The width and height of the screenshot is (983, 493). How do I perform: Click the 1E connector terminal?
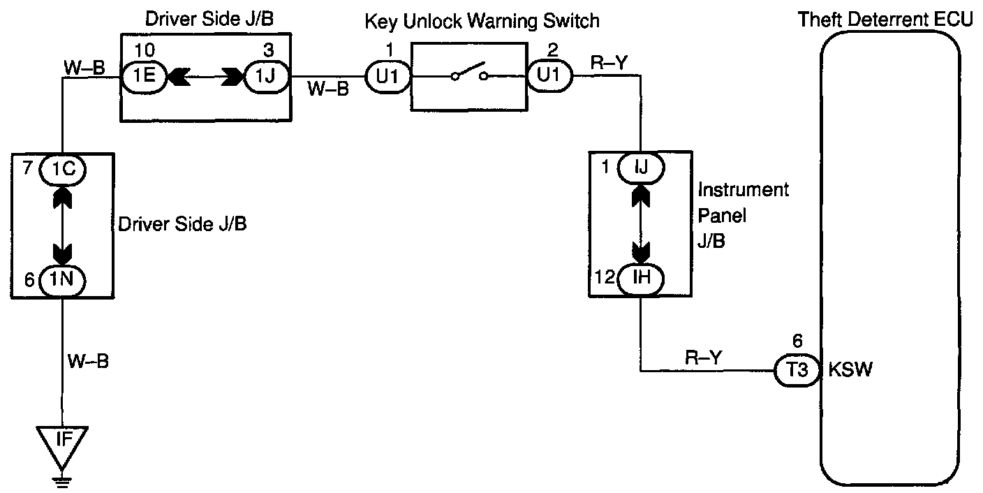[x=145, y=76]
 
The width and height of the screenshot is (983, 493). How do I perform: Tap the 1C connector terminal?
[x=64, y=170]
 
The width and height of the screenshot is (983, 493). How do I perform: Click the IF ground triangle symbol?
[x=63, y=441]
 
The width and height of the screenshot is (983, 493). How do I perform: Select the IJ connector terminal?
[x=640, y=168]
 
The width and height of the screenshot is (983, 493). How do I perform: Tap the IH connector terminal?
[x=640, y=278]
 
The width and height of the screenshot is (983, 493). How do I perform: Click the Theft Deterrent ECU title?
[x=885, y=20]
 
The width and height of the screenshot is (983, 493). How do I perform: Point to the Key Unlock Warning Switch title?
[x=482, y=21]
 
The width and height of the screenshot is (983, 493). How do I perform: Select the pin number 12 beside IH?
[x=604, y=278]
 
